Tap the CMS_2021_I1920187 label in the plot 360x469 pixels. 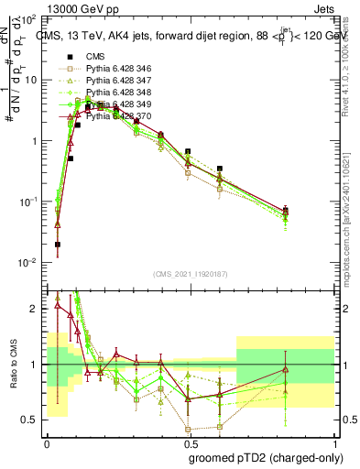click(x=190, y=272)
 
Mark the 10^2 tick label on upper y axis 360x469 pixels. click(x=30, y=20)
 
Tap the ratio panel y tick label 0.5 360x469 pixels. click(x=32, y=420)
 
